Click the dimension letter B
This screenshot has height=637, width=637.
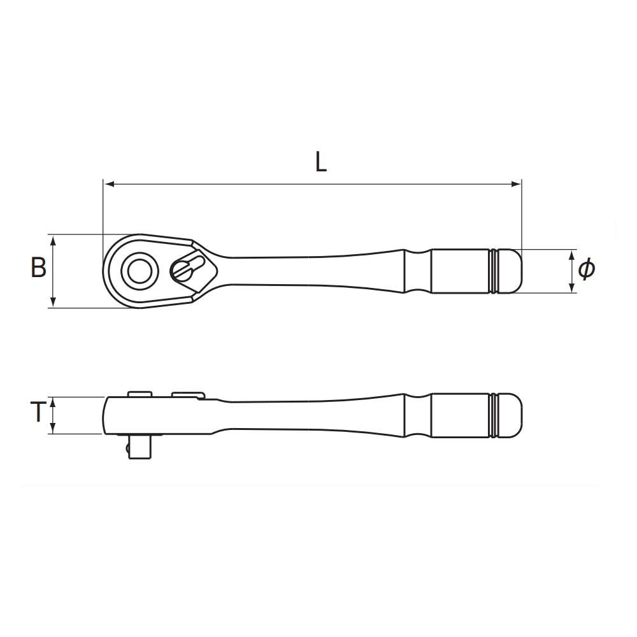click(39, 268)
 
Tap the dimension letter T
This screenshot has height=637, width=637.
click(38, 411)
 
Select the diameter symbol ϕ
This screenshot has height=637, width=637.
click(586, 269)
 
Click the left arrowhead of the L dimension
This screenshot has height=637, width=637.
click(108, 184)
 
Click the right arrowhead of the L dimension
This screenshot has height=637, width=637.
click(517, 184)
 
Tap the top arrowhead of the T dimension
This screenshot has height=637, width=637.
click(53, 402)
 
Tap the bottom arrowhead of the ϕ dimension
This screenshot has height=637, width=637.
click(571, 288)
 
